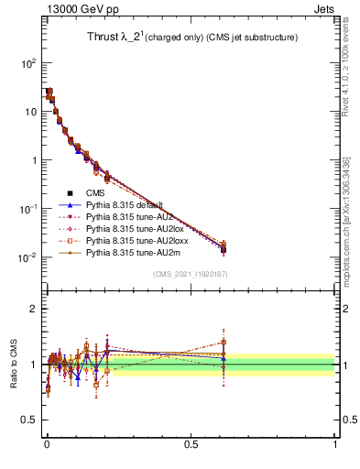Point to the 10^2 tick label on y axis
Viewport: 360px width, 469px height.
(x=27, y=63)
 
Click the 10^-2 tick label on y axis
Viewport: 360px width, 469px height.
(x=26, y=257)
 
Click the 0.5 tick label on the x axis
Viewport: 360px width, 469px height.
(x=191, y=444)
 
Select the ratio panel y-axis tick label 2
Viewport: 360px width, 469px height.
(x=32, y=309)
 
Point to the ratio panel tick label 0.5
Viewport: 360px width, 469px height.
(x=27, y=420)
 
